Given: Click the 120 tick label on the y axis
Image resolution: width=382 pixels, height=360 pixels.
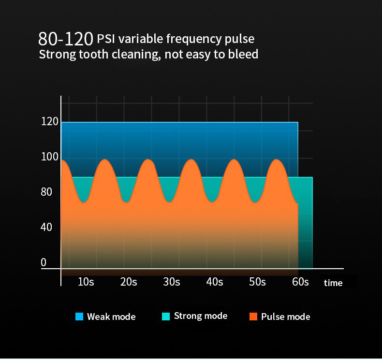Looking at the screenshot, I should click(x=49, y=122).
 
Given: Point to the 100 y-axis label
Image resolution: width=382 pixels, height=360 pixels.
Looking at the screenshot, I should click(x=49, y=157).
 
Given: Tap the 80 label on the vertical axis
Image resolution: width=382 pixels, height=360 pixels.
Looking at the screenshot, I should click(x=46, y=192).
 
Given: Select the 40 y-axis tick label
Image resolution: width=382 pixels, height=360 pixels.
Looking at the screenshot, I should click(x=46, y=227).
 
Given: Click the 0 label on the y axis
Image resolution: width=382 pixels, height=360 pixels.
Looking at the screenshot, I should click(x=44, y=262).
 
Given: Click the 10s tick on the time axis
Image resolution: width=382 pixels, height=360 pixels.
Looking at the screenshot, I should click(x=86, y=282).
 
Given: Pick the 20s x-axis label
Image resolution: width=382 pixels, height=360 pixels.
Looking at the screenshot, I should click(x=129, y=282).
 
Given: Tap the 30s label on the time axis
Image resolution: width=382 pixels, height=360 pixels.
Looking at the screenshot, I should click(x=172, y=282).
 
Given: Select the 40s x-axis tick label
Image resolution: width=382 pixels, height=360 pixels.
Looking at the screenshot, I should click(x=215, y=282).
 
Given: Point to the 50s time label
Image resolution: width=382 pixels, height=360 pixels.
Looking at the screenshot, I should click(x=257, y=282).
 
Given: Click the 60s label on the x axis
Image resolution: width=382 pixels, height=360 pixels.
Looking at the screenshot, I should click(x=300, y=282).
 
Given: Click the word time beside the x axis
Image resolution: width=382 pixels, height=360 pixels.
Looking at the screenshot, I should click(x=333, y=283).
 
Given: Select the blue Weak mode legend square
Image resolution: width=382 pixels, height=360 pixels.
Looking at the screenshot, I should click(x=80, y=317).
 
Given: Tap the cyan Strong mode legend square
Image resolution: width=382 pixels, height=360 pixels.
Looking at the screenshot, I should click(x=166, y=317).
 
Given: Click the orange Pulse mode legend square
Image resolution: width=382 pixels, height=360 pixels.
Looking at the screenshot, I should click(x=253, y=317).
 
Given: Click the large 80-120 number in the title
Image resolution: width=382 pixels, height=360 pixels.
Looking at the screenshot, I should click(x=66, y=39).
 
